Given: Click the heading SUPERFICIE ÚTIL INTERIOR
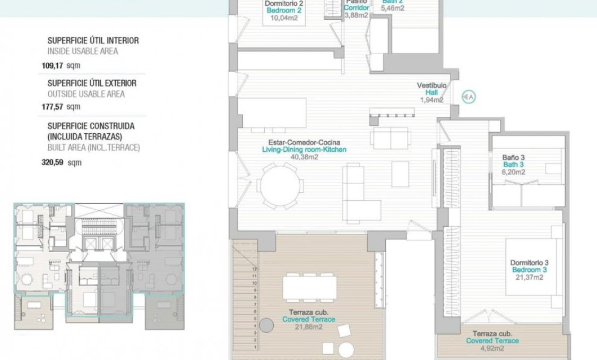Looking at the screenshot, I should [x=93, y=40].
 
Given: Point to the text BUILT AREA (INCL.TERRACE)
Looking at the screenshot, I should [x=93, y=147].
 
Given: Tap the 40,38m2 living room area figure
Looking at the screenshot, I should [x=304, y=157].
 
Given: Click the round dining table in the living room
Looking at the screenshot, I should [x=281, y=185].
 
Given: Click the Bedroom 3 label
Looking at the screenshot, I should [x=529, y=270].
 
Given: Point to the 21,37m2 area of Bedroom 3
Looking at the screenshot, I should [x=529, y=277].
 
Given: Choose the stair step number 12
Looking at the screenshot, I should [x=255, y=269].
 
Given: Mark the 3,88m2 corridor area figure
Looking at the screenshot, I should [x=356, y=15].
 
